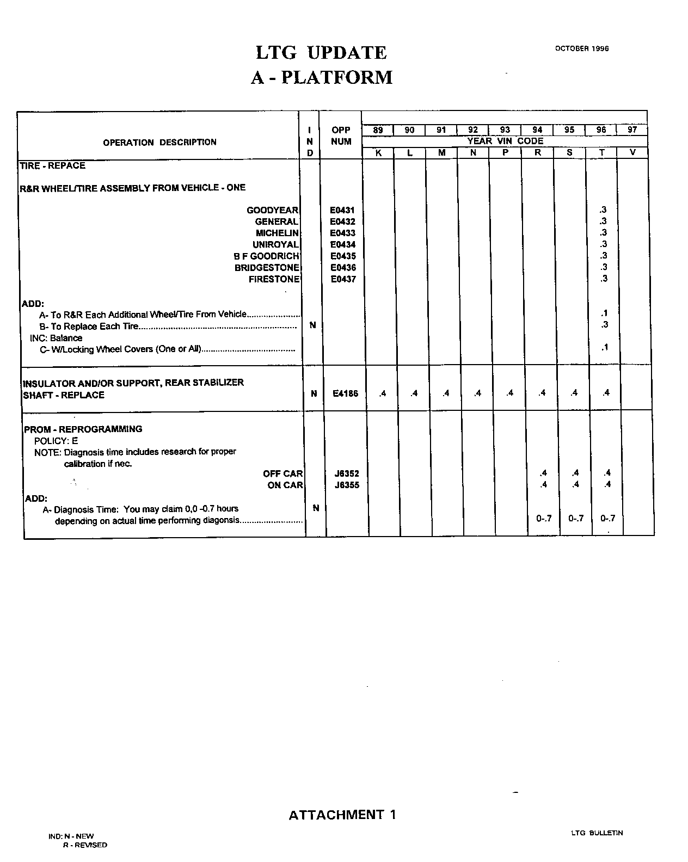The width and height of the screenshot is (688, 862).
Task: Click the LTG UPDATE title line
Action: point(321,53)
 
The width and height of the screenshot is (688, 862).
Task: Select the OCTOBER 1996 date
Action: point(581,48)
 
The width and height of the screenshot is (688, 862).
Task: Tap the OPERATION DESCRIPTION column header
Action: point(159,143)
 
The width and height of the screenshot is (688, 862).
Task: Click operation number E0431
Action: point(342,210)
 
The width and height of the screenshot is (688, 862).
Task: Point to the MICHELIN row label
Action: point(277,233)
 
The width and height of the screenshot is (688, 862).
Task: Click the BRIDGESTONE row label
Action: point(267,268)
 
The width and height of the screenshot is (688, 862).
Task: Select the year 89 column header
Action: point(378,130)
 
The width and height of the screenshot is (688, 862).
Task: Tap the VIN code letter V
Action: point(632,153)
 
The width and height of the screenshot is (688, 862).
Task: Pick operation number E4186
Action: point(345,393)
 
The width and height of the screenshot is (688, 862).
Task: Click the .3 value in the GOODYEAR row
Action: point(603,210)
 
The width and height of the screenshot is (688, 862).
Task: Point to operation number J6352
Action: point(346,473)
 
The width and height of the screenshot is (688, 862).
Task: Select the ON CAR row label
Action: point(285,485)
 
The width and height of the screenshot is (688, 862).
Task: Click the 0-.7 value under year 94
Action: point(544,519)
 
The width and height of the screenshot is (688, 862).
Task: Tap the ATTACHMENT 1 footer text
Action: point(342,815)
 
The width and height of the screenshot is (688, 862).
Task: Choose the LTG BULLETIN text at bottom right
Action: point(597,833)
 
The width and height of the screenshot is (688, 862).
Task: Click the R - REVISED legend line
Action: point(85,845)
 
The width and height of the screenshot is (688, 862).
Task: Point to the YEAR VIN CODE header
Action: point(505,141)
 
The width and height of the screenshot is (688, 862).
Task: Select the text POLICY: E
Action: point(56,441)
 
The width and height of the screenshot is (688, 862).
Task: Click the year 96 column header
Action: point(601,130)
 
